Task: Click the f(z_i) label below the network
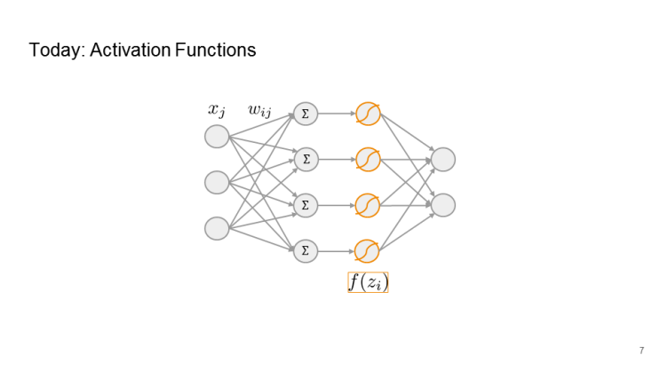368,282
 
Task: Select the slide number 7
641,350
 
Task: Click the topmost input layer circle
217,137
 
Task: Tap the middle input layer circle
217,182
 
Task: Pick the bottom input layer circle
217,228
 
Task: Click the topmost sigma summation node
306,114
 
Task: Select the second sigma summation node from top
306,160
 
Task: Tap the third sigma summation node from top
306,205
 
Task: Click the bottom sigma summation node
306,251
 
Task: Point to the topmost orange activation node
367,114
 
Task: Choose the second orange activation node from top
367,160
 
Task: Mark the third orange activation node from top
367,205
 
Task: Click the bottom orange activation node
367,251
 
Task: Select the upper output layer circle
443,160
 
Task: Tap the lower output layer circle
443,205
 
